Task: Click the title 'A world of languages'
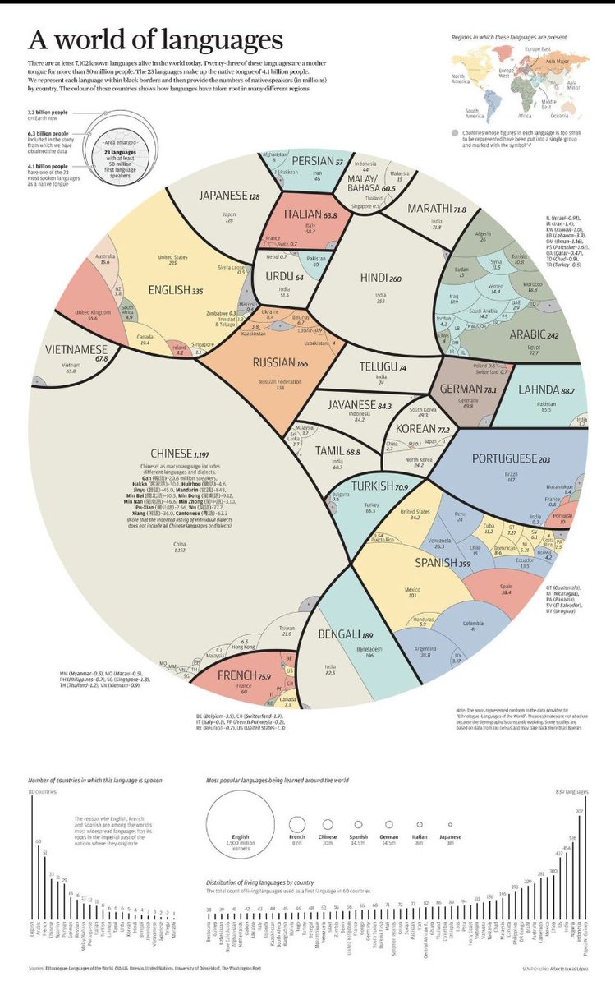(157, 40)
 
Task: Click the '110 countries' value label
(42, 790)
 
